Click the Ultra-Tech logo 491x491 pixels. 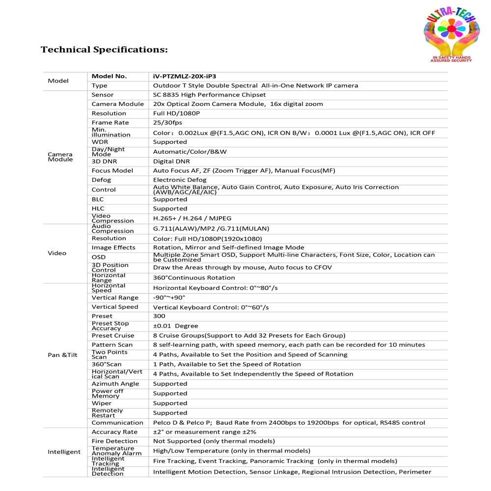tap(451, 35)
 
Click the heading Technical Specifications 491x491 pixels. tap(104, 50)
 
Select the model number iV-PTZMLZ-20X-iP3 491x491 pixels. tap(184, 76)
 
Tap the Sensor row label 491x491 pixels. tap(102, 95)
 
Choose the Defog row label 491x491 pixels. tap(101, 180)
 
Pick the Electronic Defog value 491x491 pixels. tap(180, 180)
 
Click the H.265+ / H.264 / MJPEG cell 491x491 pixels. tap(192, 218)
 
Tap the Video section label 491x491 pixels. tap(57, 253)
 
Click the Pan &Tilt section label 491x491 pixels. tap(63, 355)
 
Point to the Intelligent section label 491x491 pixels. tap(64, 451)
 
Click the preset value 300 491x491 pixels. tap(159, 316)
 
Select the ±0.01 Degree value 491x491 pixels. tap(175, 326)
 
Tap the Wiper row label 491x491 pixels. tap(102, 403)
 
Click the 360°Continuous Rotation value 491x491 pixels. tap(194, 278)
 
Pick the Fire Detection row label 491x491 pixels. tap(114, 441)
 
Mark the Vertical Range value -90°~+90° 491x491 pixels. tap(169, 298)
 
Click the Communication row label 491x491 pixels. tap(117, 423)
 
